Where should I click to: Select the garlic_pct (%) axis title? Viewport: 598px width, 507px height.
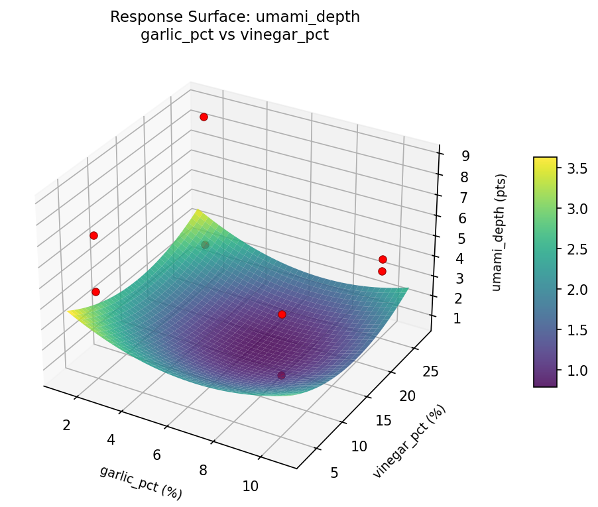[141, 482]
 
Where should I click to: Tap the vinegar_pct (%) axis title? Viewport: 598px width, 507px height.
[409, 441]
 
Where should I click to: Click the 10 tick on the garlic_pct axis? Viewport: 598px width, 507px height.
[250, 486]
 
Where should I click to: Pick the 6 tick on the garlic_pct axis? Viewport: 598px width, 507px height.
[157, 455]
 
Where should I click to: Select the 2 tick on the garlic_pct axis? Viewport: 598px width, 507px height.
[66, 425]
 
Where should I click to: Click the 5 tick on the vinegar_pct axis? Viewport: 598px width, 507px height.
[334, 472]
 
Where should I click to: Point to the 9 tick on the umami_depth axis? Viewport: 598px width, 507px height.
[466, 156]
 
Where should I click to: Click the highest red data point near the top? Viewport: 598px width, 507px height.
[204, 117]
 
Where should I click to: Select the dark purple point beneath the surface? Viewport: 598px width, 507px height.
[281, 375]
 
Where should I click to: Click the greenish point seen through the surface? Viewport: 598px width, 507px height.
[205, 245]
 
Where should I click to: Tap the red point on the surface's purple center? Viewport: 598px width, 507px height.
[282, 314]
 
